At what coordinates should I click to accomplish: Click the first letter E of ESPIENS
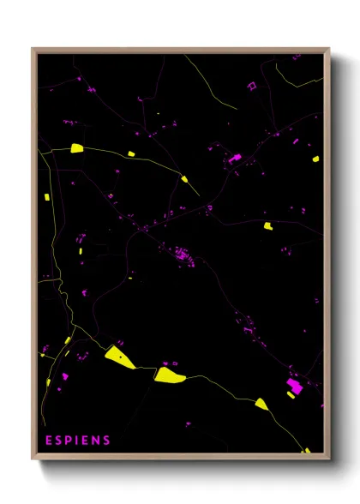tap(49, 441)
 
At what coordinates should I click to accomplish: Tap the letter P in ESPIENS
tap(69, 441)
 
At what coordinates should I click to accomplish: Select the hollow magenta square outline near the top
tap(252, 86)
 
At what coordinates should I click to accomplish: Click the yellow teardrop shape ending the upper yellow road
tap(184, 179)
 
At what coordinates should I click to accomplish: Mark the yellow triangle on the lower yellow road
tap(261, 403)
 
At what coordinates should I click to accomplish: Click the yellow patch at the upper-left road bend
tap(76, 148)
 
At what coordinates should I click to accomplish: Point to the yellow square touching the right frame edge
tap(316, 159)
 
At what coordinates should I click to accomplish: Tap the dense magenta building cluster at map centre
tap(182, 254)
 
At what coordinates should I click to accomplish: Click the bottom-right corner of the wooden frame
tap(328, 459)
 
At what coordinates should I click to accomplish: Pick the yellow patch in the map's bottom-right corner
tap(306, 450)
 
